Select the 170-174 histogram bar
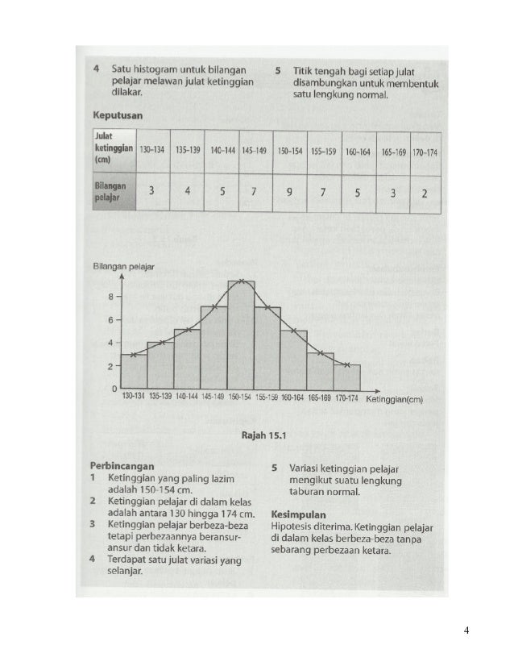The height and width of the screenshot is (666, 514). click(x=347, y=377)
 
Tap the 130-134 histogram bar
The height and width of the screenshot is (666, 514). click(x=134, y=372)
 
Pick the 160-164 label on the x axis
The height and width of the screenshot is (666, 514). click(x=293, y=398)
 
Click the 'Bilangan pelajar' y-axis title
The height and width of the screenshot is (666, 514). click(x=123, y=265)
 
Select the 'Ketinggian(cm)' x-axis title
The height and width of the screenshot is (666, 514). click(x=394, y=398)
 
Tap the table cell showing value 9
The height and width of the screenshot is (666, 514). click(x=288, y=193)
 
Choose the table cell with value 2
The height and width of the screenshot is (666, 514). click(x=424, y=193)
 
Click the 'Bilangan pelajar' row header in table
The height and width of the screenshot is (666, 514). click(x=110, y=192)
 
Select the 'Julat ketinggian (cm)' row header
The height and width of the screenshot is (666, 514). click(x=111, y=151)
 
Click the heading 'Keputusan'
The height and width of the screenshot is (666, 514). click(x=118, y=116)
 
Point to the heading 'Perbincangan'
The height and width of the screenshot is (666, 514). click(x=122, y=467)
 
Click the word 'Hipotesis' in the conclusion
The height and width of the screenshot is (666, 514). click(x=292, y=527)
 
